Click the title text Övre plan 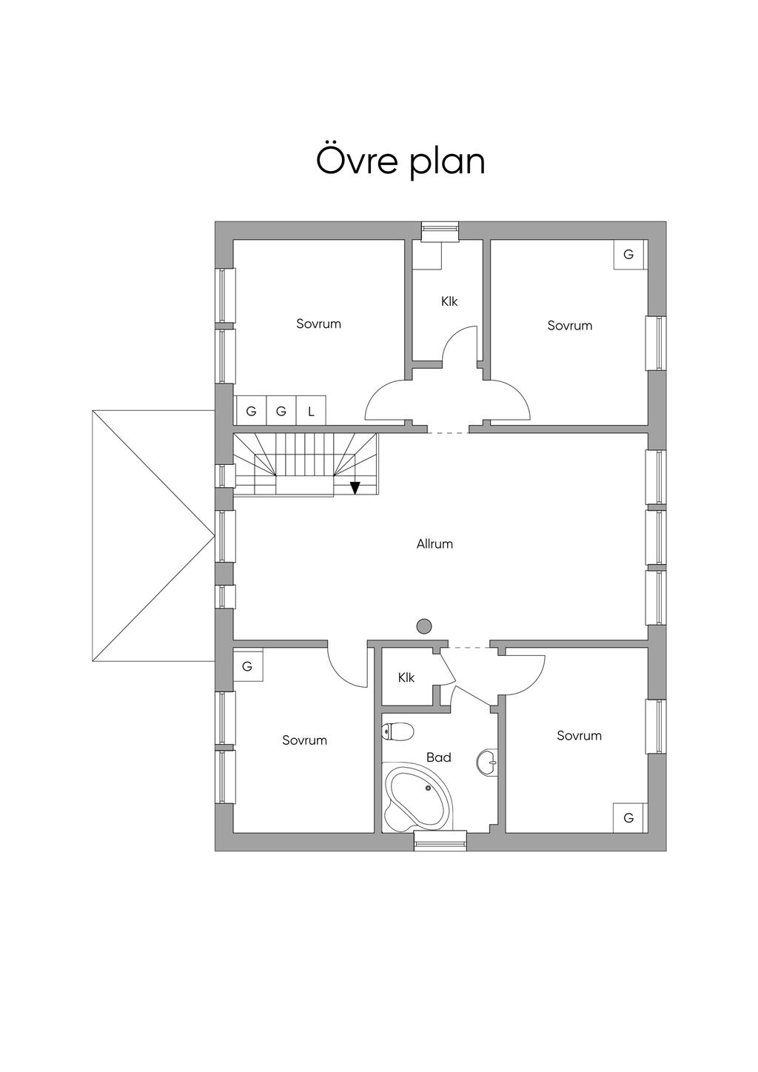pyautogui.click(x=400, y=161)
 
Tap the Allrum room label pyautogui.click(x=435, y=544)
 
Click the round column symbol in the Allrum pyautogui.click(x=423, y=626)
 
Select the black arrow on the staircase pyautogui.click(x=355, y=487)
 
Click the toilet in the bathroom pyautogui.click(x=397, y=732)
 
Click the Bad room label pyautogui.click(x=438, y=757)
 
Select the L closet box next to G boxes pyautogui.click(x=311, y=411)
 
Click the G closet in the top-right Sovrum pyautogui.click(x=628, y=255)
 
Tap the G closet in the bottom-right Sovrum pyautogui.click(x=628, y=818)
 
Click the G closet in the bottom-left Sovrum pyautogui.click(x=247, y=666)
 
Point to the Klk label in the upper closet pyautogui.click(x=449, y=301)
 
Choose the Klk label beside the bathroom pyautogui.click(x=406, y=677)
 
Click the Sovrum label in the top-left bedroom pyautogui.click(x=318, y=324)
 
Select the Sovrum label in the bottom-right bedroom pyautogui.click(x=579, y=735)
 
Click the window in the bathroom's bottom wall pyautogui.click(x=440, y=840)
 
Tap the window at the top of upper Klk pyautogui.click(x=440, y=231)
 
